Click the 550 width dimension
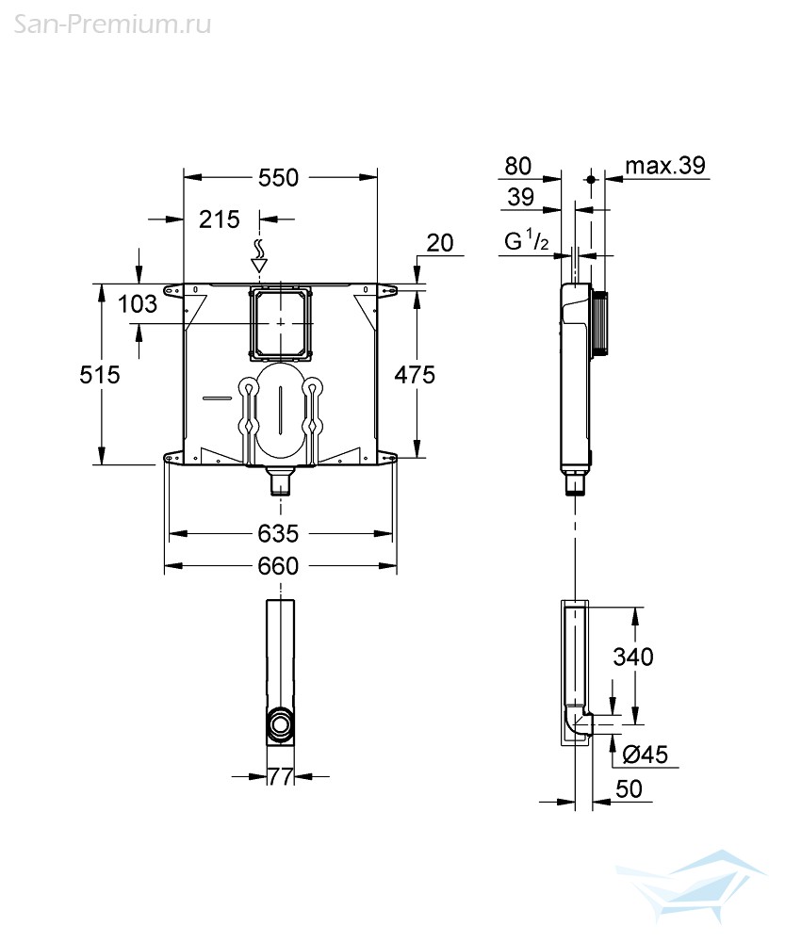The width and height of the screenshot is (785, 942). click(x=278, y=177)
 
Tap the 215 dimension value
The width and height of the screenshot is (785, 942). click(x=220, y=219)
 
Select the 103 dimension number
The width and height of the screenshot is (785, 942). click(x=137, y=304)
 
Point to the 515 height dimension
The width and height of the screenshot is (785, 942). click(x=100, y=375)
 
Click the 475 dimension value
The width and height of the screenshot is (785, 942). click(x=415, y=375)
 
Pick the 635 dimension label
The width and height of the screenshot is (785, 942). click(x=278, y=533)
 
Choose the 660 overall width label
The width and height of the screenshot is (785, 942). click(x=278, y=566)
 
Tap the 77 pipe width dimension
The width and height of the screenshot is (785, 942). click(x=281, y=777)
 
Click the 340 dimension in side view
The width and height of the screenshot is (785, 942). click(x=633, y=657)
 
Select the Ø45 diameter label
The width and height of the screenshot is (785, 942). click(x=645, y=755)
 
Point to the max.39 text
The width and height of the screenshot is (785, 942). click(x=665, y=165)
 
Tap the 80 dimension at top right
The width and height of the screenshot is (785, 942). click(x=518, y=166)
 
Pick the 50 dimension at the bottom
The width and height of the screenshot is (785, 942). click(x=629, y=788)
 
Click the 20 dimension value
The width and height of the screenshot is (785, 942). click(x=440, y=243)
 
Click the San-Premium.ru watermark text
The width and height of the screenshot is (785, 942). click(x=112, y=24)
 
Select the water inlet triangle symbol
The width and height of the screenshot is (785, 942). click(x=260, y=264)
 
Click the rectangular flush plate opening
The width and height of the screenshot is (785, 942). click(x=281, y=323)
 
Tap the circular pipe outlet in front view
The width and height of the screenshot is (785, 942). click(x=280, y=723)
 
